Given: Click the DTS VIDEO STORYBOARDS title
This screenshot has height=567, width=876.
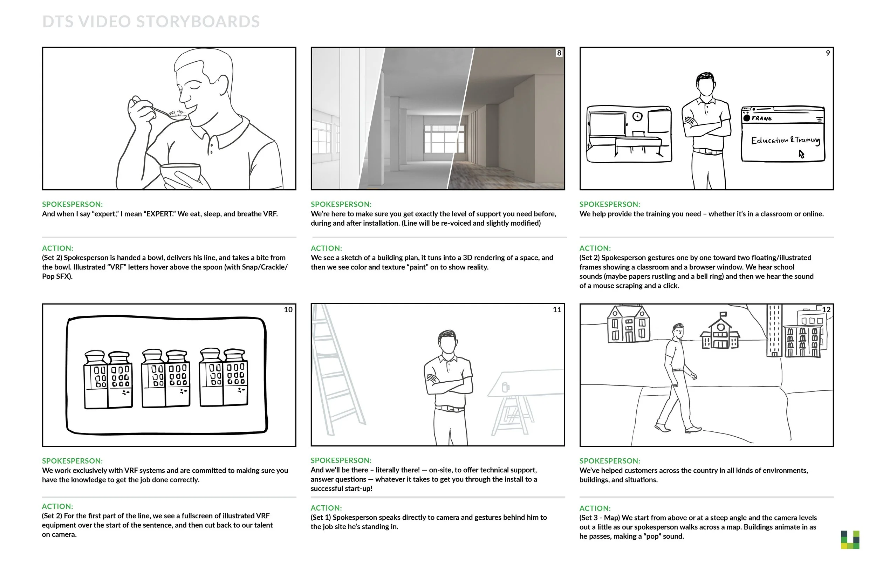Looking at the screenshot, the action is tap(151, 22).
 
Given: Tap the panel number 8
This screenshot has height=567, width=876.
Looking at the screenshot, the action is tap(559, 53).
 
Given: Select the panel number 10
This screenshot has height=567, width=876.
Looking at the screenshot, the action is tap(288, 310).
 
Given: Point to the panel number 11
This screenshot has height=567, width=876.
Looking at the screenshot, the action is tap(557, 310).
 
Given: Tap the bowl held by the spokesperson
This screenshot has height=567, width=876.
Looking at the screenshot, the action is tap(180, 172).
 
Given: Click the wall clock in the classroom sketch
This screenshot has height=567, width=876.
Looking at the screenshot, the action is tap(637, 116).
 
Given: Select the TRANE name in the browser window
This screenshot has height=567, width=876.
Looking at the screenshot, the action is tap(761, 118).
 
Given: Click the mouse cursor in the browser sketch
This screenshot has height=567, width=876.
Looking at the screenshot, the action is tap(801, 154).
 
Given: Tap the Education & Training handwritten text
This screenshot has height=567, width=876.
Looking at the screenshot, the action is tap(786, 141).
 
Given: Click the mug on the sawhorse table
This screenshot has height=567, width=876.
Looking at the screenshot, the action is tap(505, 387).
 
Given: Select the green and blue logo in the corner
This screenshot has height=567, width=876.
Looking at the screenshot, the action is tap(850, 540).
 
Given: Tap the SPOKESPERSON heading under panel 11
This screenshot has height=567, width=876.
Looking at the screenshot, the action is tap(341, 460).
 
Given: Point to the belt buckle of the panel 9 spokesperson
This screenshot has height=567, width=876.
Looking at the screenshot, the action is tap(706, 151).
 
